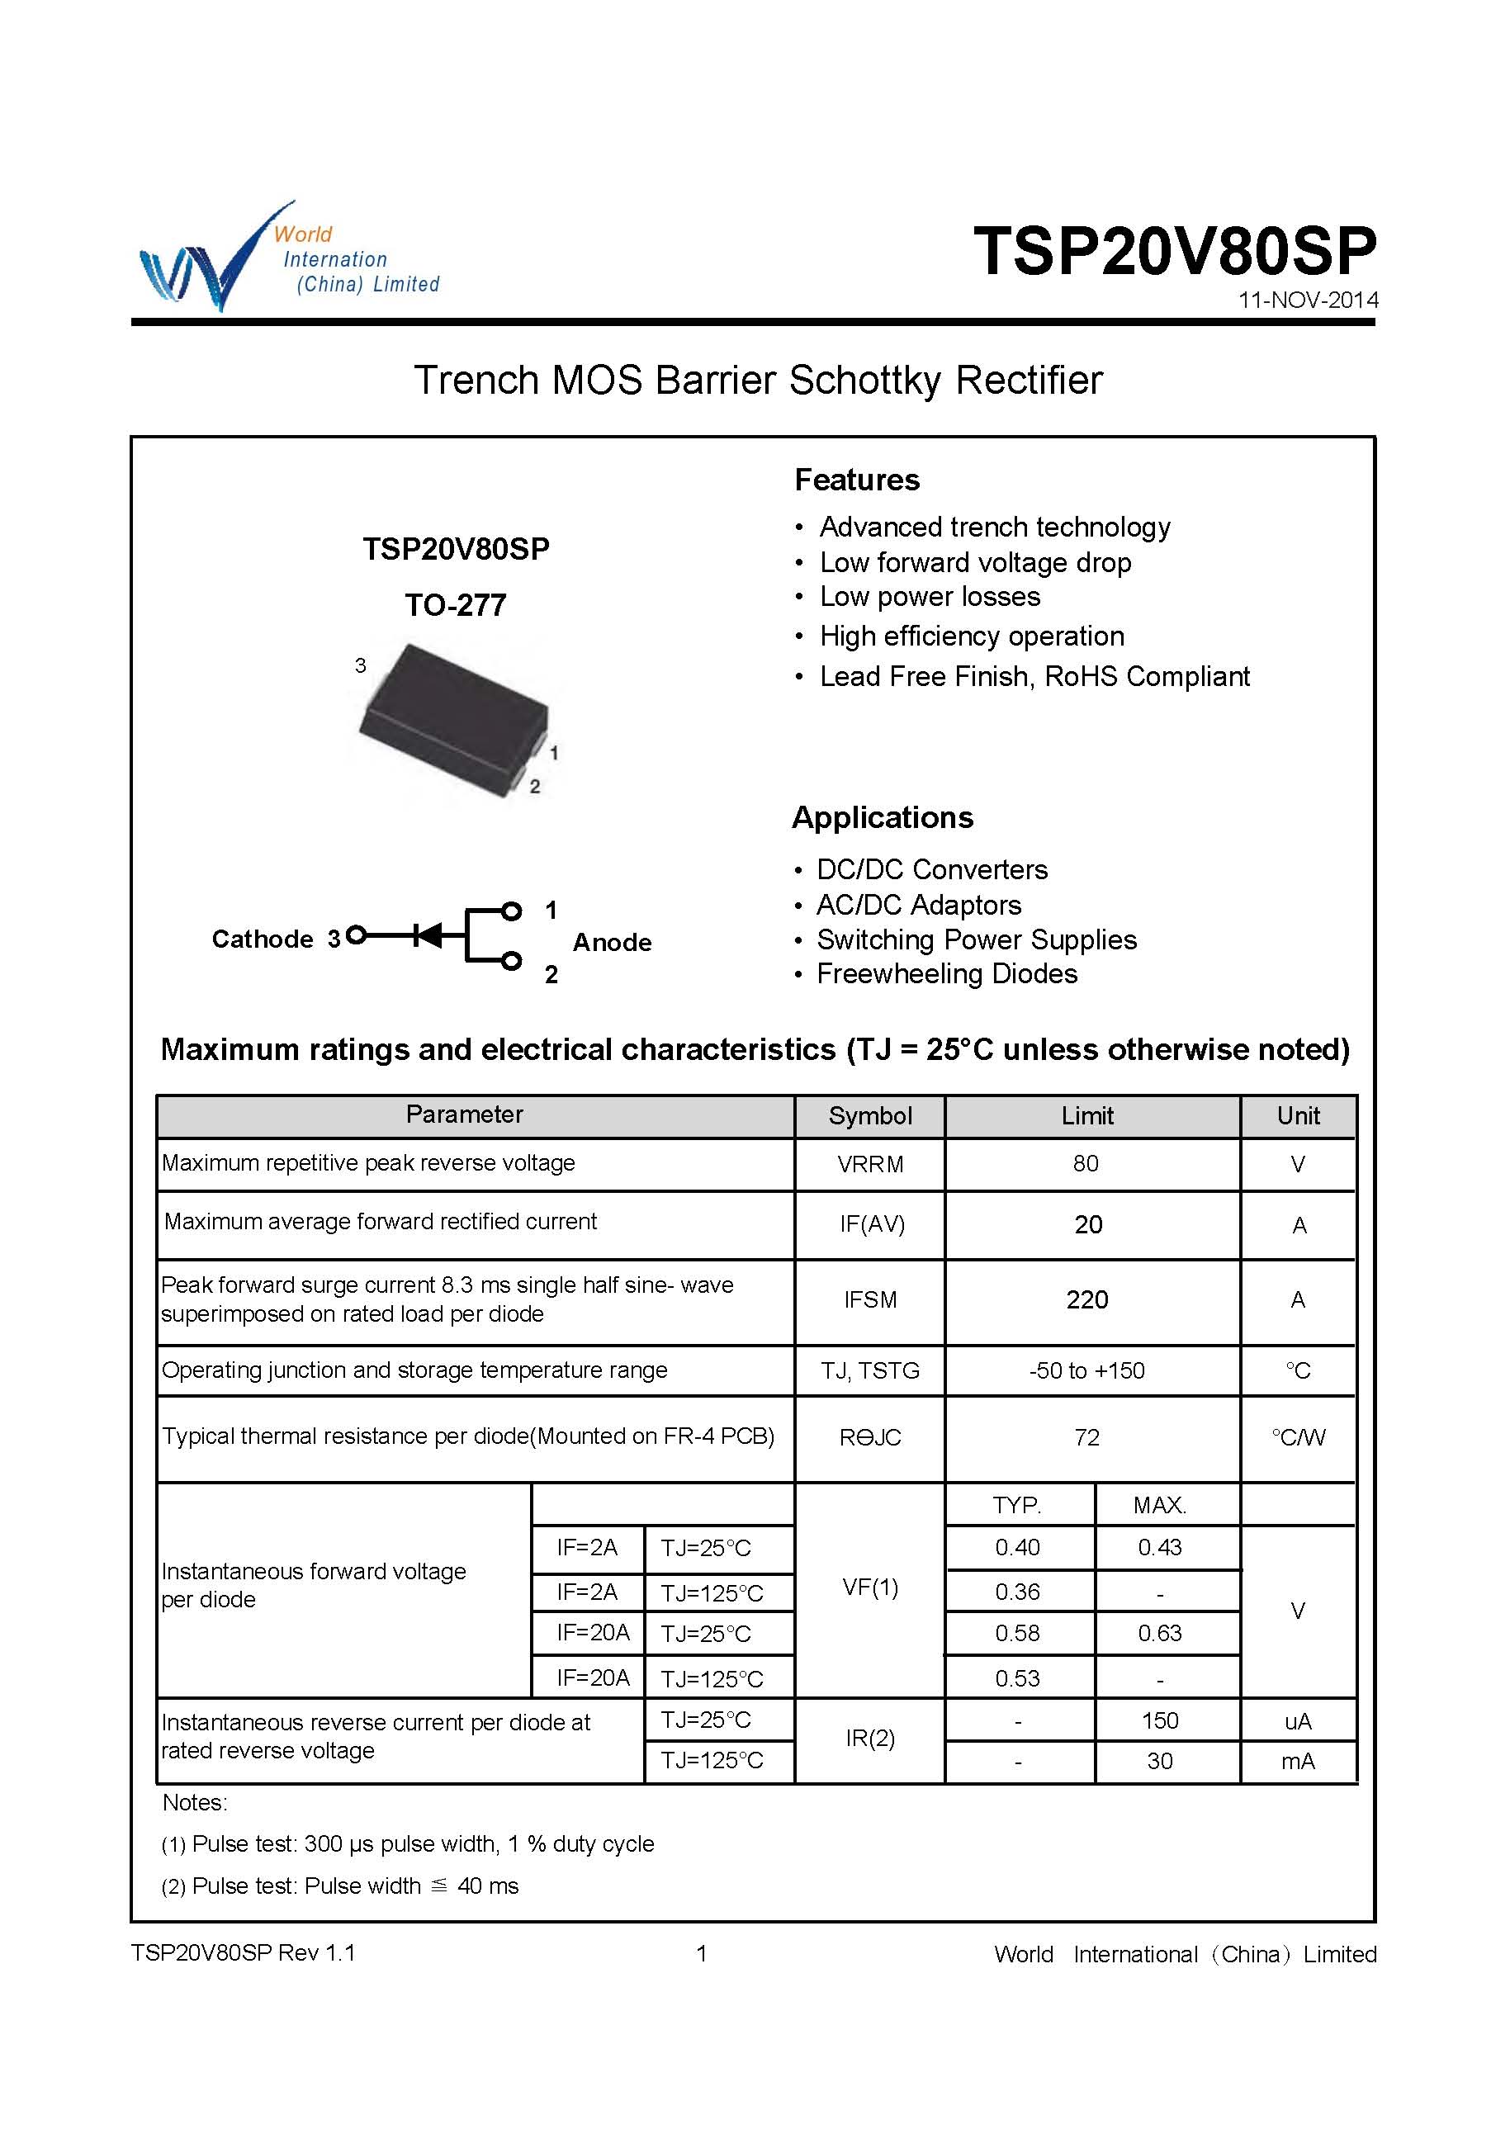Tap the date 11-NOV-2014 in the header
click(1307, 300)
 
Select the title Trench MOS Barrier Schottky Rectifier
click(758, 381)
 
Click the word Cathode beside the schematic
click(263, 939)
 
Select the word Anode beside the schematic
click(612, 943)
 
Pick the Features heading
click(856, 480)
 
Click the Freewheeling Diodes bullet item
click(947, 973)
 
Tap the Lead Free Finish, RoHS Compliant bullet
click(1034, 677)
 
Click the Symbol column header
click(869, 1116)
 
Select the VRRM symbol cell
click(869, 1164)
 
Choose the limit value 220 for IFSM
click(1087, 1300)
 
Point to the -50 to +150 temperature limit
click(1087, 1370)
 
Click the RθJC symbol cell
click(869, 1437)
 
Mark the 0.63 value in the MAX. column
click(1159, 1634)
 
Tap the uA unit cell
click(1297, 1721)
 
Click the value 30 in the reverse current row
click(1159, 1761)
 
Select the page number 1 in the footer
click(702, 1953)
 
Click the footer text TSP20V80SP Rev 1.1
click(243, 1952)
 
